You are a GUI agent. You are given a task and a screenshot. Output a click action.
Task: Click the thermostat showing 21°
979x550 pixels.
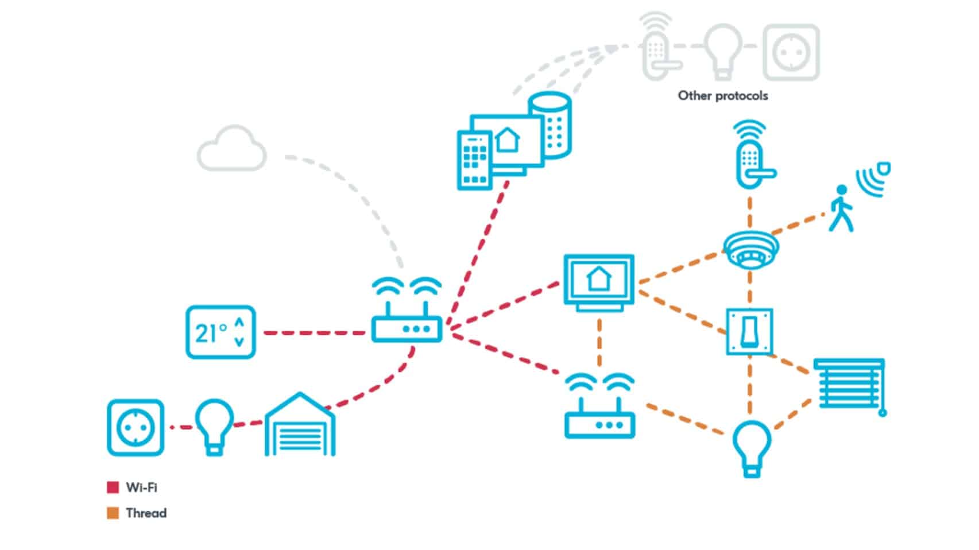pos(220,332)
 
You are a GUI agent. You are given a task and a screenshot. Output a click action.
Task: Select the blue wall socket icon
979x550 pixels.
pos(136,428)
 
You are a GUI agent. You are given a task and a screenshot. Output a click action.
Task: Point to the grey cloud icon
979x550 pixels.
pos(232,149)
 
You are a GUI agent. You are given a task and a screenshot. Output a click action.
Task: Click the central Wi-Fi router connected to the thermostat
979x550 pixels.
pos(407,322)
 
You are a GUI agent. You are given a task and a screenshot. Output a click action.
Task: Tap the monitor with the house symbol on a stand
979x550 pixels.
pos(599,282)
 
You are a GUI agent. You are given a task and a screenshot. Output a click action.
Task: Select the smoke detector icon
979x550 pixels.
pos(750,249)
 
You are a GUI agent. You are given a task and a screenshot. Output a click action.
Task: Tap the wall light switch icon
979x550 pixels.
pos(749,332)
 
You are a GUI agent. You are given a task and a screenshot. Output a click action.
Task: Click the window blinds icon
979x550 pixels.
pos(849,384)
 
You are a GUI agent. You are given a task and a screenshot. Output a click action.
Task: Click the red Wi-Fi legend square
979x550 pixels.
pos(113,487)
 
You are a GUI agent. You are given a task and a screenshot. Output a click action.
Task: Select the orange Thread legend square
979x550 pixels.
pos(113,513)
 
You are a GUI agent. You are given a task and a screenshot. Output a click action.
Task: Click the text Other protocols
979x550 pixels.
pos(722,96)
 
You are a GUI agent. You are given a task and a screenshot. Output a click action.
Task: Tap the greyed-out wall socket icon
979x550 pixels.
pos(791,52)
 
